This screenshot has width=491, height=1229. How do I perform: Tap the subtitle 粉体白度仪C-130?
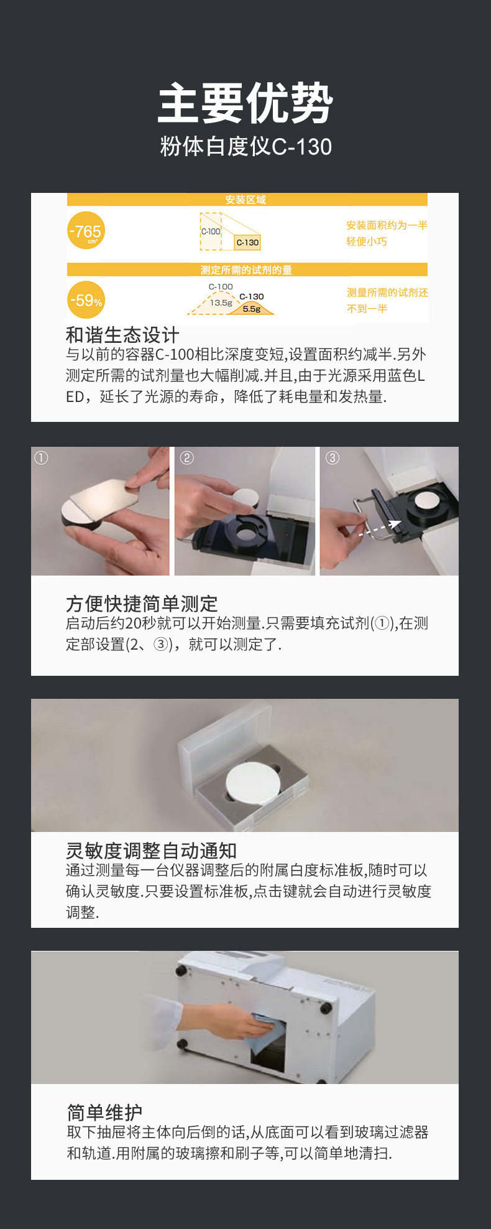point(245,147)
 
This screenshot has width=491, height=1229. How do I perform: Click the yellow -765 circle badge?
point(86,231)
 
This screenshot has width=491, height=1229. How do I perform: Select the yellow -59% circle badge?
point(86,301)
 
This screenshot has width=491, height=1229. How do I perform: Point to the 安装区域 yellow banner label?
point(245,200)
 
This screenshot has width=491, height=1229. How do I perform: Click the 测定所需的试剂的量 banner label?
point(246,270)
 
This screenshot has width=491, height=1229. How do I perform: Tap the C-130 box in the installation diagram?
point(247,243)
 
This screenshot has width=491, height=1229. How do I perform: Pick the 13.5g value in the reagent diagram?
point(221,303)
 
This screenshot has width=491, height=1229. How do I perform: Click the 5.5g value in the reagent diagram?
point(251,309)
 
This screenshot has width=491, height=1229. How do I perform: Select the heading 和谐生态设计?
point(122,335)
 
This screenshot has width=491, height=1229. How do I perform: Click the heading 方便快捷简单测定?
point(142,604)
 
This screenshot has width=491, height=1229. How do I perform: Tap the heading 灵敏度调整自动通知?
point(151,851)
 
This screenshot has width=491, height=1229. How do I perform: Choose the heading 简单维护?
point(104,1112)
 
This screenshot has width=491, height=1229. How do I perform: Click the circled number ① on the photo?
point(41,458)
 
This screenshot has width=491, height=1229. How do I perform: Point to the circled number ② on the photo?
point(186,458)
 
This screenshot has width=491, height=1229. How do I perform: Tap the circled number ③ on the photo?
point(333,458)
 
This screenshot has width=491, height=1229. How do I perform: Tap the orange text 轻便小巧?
point(367,241)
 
